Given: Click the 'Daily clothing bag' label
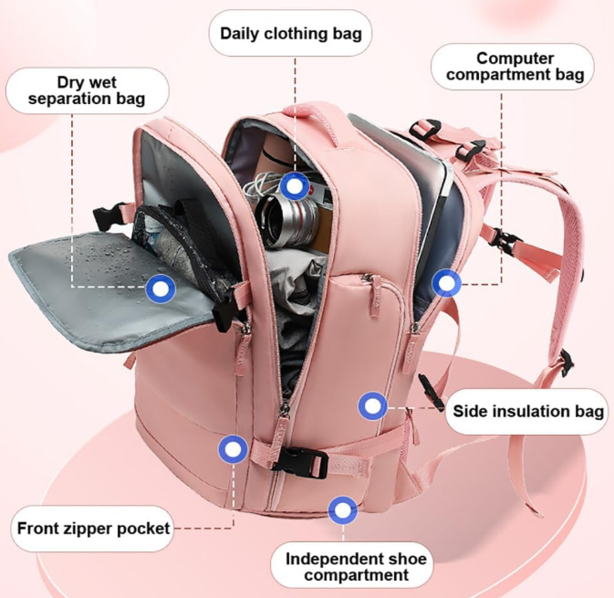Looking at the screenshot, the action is click(x=290, y=33).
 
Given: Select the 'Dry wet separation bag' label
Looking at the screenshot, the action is click(x=87, y=90).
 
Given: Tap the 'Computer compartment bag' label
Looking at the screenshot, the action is click(x=515, y=67).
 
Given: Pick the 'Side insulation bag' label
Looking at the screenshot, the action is click(x=527, y=412).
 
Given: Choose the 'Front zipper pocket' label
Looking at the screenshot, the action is click(x=93, y=529).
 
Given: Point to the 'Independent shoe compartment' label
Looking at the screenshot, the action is click(x=356, y=567).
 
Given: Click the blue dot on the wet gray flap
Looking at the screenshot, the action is click(x=161, y=289).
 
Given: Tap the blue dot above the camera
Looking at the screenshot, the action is click(x=295, y=186).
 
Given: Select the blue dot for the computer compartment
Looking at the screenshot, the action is click(x=446, y=283).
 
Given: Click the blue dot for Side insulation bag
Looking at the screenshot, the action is click(x=373, y=406).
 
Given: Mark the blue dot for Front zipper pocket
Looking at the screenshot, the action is click(x=234, y=449).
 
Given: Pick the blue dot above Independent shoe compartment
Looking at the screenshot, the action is click(x=343, y=510).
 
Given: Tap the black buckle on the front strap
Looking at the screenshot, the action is click(x=300, y=463).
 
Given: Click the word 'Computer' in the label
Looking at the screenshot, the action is click(x=515, y=58).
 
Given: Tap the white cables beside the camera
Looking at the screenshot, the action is click(x=259, y=185).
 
